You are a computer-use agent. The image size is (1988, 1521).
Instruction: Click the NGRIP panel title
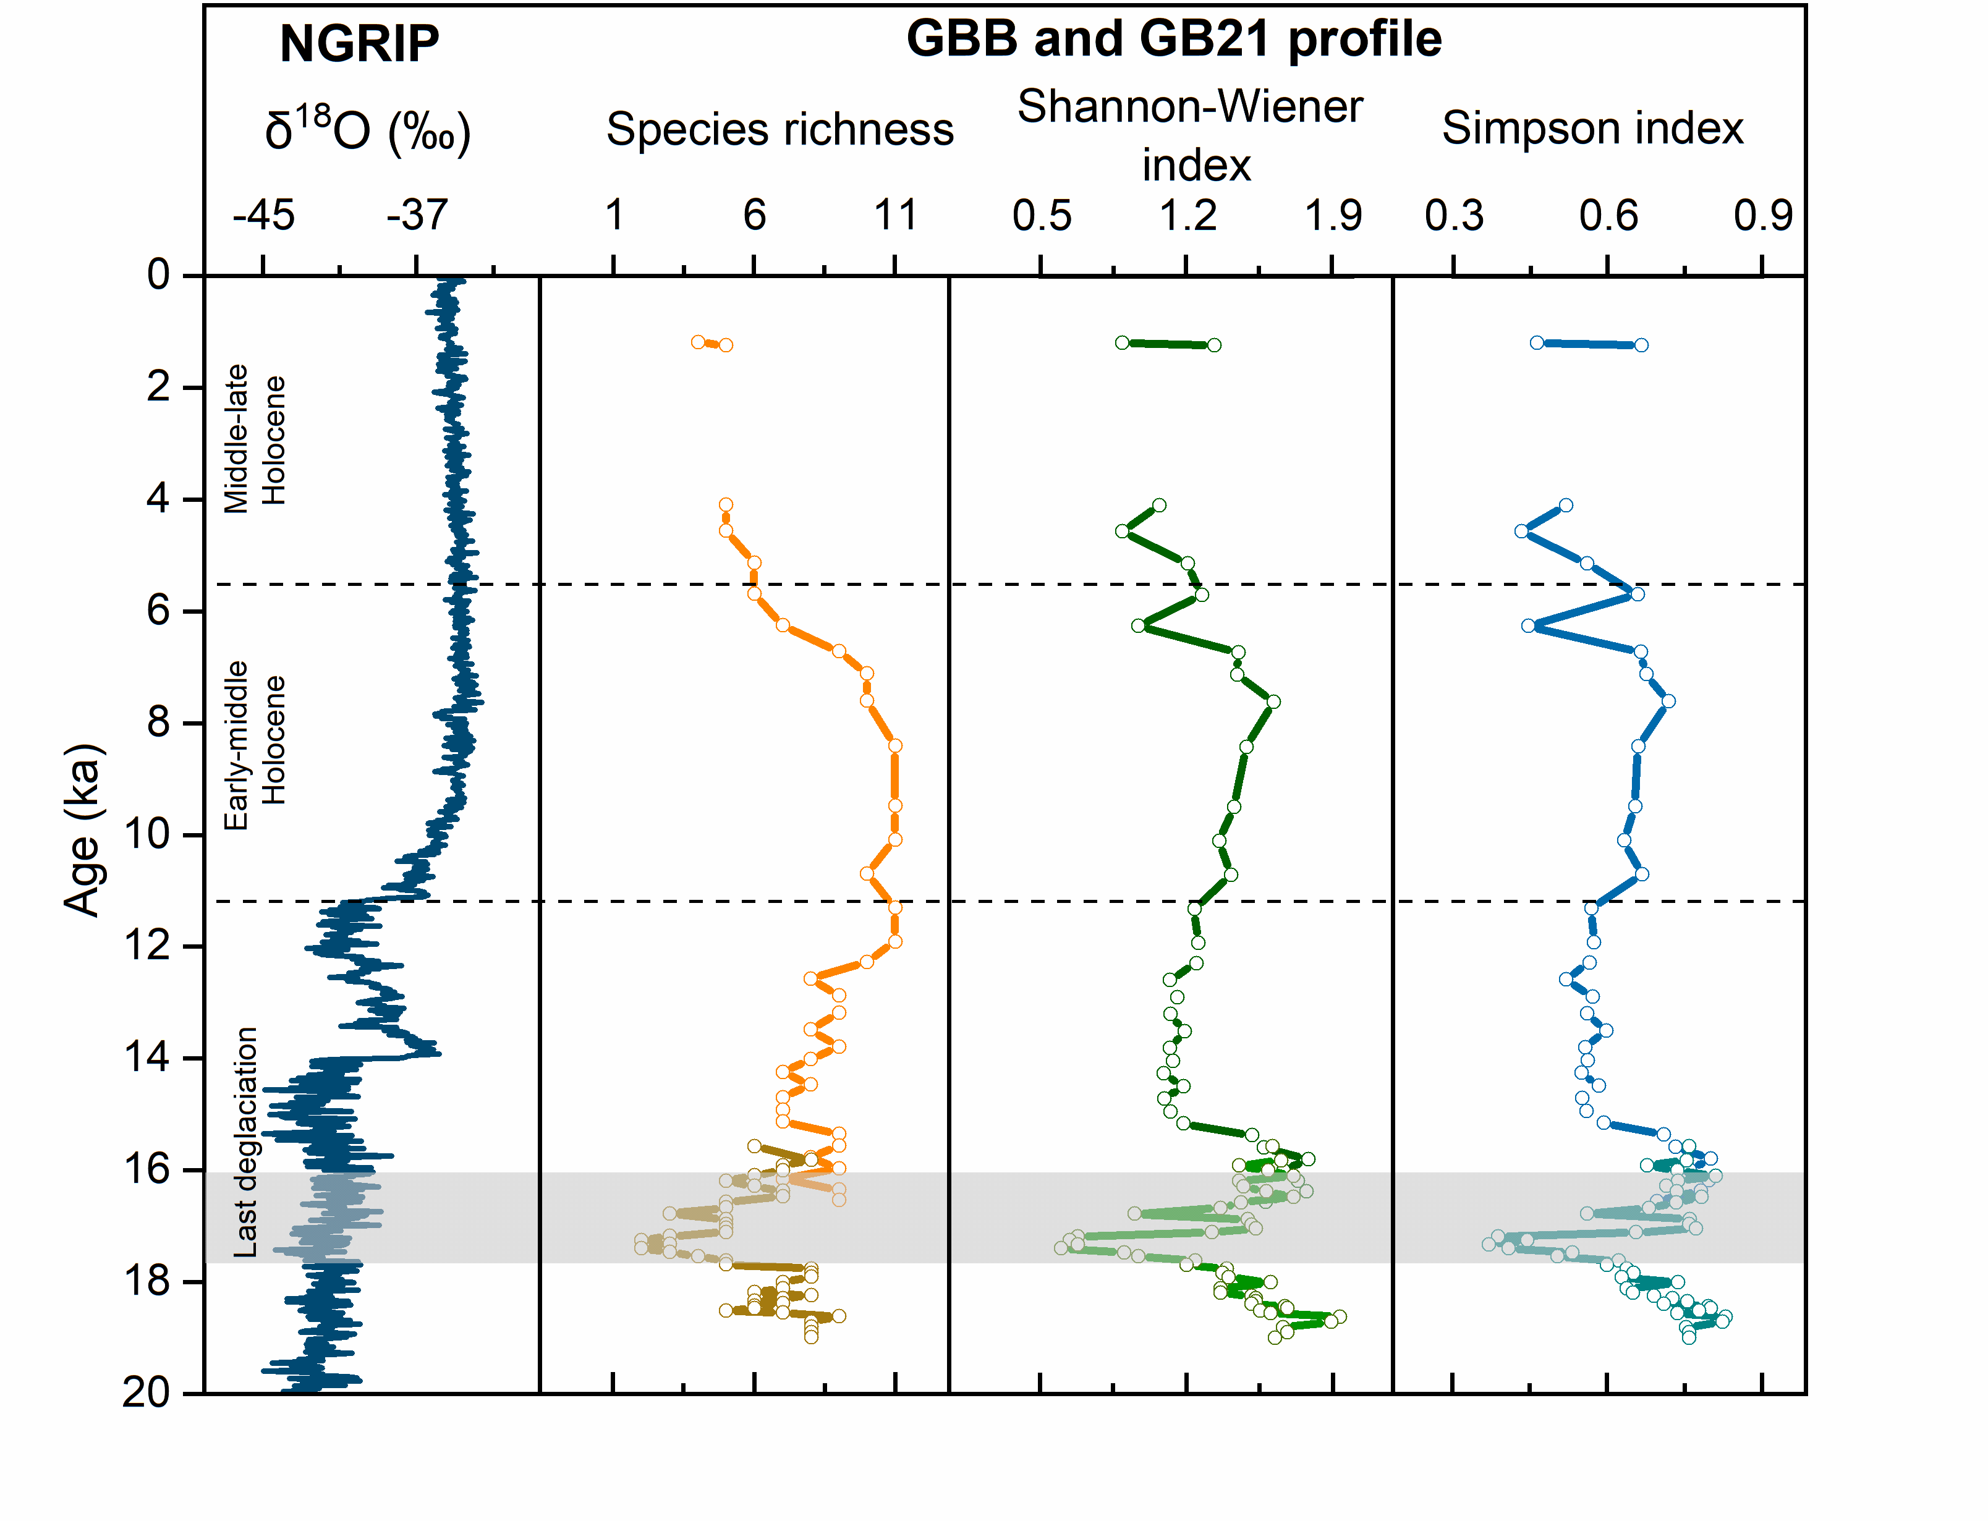point(359,43)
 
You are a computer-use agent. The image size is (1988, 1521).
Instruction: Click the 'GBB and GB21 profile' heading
point(1173,39)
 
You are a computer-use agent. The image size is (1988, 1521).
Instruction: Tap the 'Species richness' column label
point(779,129)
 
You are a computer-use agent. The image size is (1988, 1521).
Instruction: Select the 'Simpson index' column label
point(1592,128)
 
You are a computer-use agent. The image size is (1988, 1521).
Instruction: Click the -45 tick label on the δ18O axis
point(263,216)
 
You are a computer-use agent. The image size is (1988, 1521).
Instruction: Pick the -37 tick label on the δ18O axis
point(417,216)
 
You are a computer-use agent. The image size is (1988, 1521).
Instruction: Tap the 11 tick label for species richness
point(895,216)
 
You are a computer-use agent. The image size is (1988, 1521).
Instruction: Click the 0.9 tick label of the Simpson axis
point(1762,216)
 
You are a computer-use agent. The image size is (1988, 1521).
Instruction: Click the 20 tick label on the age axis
point(147,1392)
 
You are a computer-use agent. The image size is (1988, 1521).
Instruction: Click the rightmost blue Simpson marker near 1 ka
point(1641,345)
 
